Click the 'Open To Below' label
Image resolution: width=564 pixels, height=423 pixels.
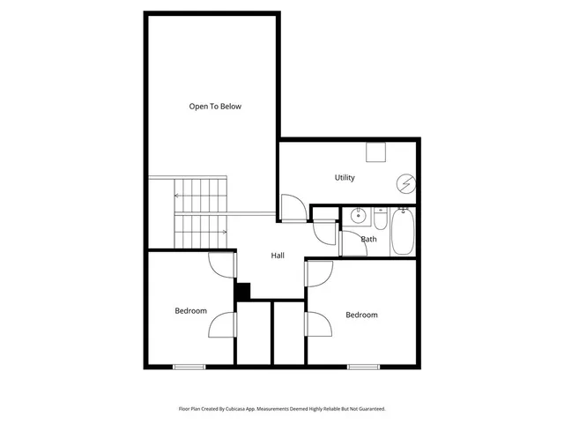click(x=215, y=107)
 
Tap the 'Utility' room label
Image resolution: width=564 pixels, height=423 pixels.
click(x=345, y=178)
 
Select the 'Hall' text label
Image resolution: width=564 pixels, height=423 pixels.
click(x=278, y=256)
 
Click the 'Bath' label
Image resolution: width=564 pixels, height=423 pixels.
click(x=369, y=239)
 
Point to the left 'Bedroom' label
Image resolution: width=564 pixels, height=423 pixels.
click(x=190, y=310)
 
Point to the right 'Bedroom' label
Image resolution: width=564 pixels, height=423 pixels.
click(x=361, y=315)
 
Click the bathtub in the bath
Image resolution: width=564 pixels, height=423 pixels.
click(x=402, y=231)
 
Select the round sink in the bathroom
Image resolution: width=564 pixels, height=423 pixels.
click(x=359, y=215)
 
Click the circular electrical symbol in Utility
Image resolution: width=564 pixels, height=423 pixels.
click(x=405, y=184)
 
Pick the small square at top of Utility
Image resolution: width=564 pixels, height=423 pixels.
click(x=376, y=152)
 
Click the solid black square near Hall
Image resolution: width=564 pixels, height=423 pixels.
click(x=242, y=290)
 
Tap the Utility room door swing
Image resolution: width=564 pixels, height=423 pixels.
click(x=293, y=208)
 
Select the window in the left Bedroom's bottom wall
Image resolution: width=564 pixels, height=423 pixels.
click(x=189, y=366)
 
